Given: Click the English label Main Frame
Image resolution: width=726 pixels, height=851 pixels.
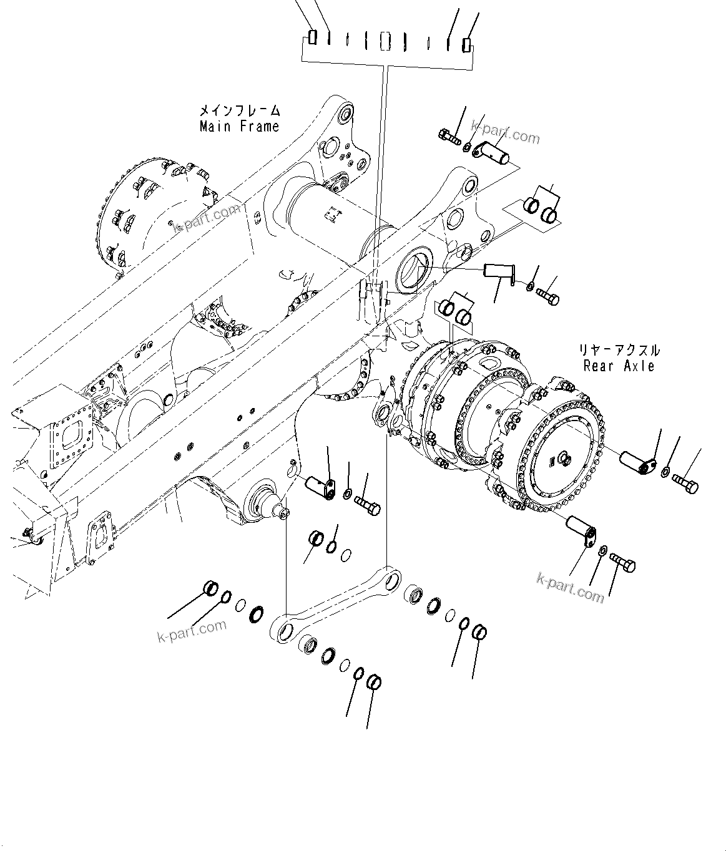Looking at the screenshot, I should [x=239, y=127].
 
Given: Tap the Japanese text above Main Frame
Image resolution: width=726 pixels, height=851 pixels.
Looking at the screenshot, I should [x=239, y=111].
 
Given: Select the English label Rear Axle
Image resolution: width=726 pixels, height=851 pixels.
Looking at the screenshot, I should [x=619, y=366].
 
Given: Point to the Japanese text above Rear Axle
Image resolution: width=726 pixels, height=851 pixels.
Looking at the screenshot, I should [x=619, y=351].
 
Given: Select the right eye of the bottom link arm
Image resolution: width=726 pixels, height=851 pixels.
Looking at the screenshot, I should [x=391, y=583].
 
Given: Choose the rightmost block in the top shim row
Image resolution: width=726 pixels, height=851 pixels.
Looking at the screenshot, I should [x=466, y=44].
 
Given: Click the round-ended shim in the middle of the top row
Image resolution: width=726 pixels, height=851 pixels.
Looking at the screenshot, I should [x=386, y=42].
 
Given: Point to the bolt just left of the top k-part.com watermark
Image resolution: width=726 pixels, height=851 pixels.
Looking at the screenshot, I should [x=449, y=135].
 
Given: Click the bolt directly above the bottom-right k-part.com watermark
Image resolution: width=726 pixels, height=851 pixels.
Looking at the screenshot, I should [x=622, y=563].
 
